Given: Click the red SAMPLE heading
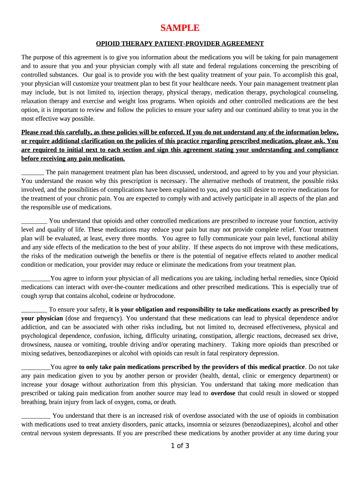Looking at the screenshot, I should pyautogui.click(x=180, y=28).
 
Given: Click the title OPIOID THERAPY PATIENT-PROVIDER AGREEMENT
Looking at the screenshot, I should pyautogui.click(x=180, y=44).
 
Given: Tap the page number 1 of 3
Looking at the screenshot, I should pyautogui.click(x=180, y=445).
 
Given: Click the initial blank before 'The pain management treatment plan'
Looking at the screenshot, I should pyautogui.click(x=32, y=173).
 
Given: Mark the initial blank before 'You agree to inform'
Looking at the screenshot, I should pyautogui.click(x=36, y=278).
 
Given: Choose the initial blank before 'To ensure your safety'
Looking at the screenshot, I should pyautogui.click(x=34, y=310).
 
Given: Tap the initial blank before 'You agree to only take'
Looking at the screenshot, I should pyautogui.click(x=36, y=367).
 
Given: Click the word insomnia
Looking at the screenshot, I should pyautogui.click(x=199, y=425).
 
